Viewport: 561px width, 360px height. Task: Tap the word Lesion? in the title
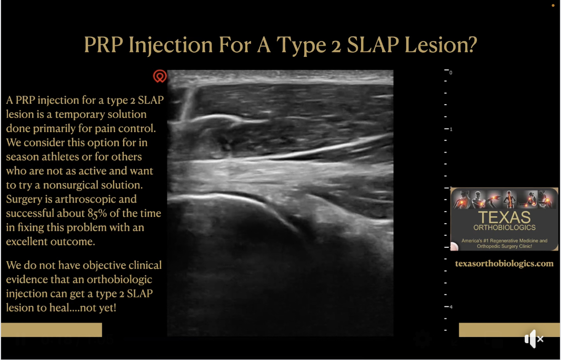tap(440, 44)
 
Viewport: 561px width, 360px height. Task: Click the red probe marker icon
tap(159, 76)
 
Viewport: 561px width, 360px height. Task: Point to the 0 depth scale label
tap(451, 73)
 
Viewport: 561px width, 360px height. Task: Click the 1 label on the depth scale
tap(451, 129)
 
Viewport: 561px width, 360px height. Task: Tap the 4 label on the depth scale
tap(451, 307)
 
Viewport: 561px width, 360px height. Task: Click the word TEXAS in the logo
tap(504, 217)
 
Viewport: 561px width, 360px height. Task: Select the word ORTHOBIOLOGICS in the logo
tap(504, 227)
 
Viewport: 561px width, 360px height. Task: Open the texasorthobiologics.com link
tap(504, 264)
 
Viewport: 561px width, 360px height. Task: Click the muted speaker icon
tap(534, 338)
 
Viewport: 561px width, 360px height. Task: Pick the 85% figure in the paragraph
tap(96, 214)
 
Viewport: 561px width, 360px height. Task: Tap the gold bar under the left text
tap(52, 329)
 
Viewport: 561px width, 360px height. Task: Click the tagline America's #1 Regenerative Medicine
tap(504, 241)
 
